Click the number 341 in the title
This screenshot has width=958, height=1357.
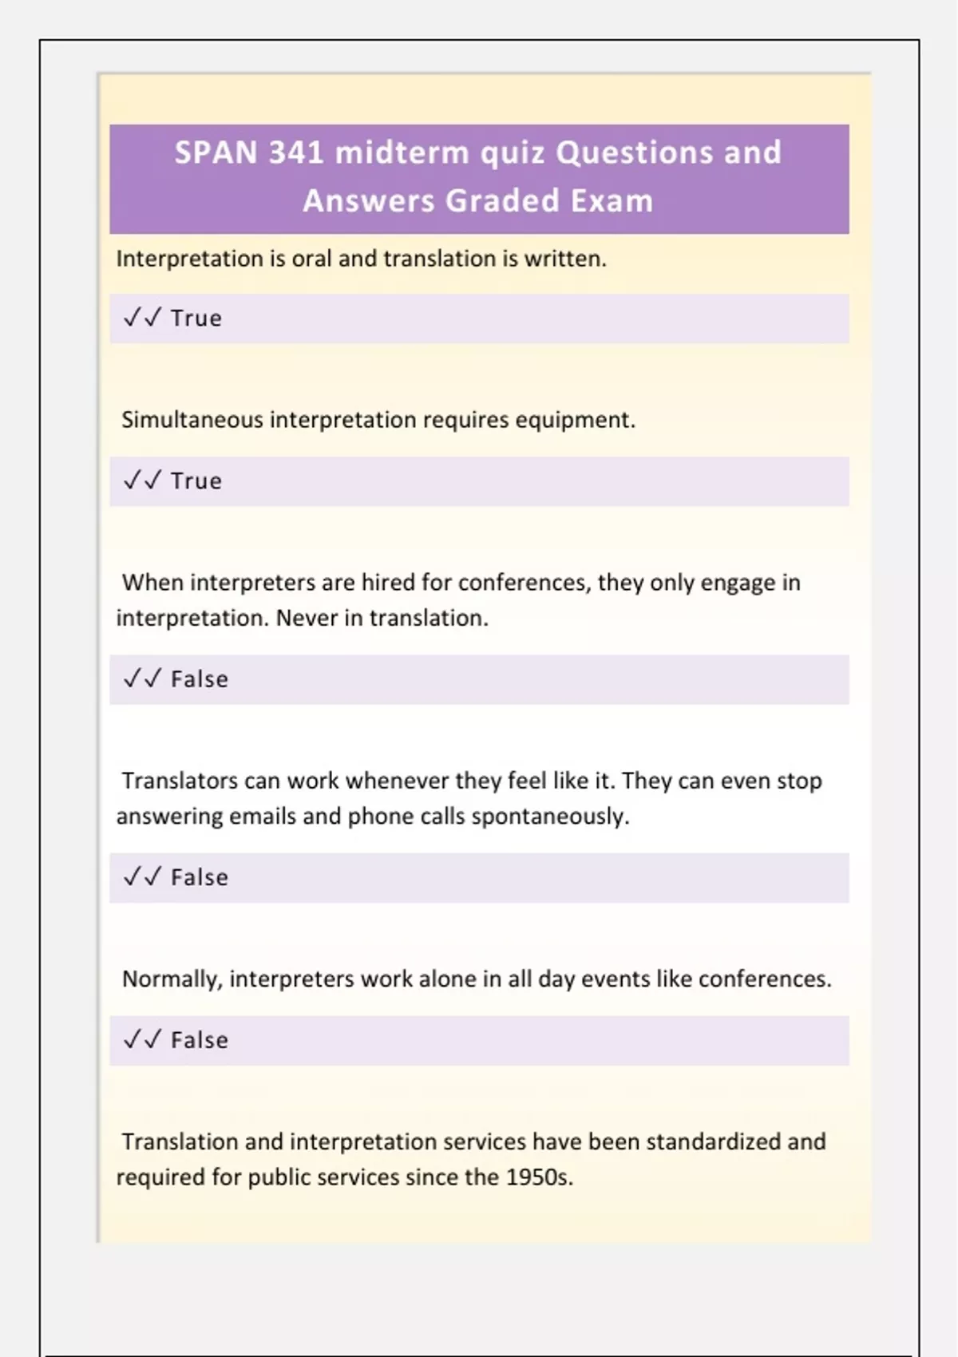pos(296,152)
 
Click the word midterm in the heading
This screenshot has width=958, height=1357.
pos(402,152)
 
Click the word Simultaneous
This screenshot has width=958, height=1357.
pos(192,420)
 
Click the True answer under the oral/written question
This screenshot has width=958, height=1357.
pos(196,318)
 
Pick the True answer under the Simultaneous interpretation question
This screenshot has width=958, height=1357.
pos(196,481)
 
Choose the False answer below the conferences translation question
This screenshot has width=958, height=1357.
pos(200,679)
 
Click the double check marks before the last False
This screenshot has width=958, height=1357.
pos(142,1040)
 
